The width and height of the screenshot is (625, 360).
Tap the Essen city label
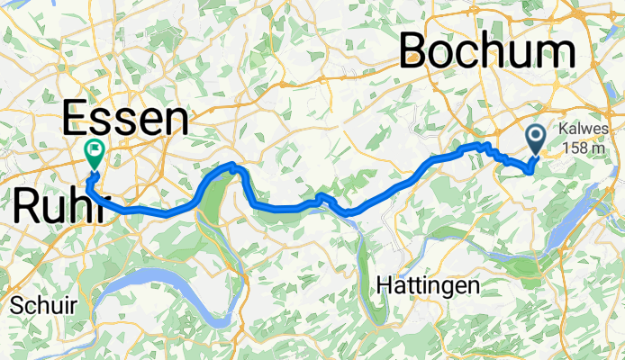125,120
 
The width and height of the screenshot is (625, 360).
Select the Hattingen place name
428,287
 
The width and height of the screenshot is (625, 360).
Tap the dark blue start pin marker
535,139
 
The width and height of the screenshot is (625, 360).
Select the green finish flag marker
94,152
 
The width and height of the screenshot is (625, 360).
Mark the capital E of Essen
75,120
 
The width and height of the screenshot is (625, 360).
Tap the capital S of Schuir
15,306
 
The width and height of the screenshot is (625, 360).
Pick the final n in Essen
177,120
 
